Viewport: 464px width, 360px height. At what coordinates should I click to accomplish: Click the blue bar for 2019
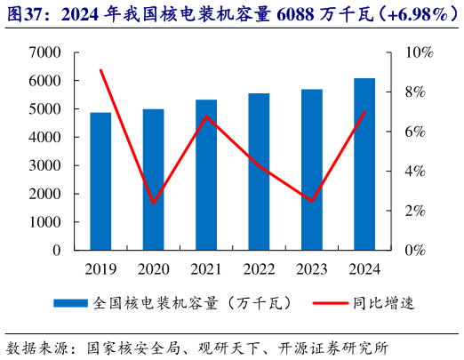click(100, 181)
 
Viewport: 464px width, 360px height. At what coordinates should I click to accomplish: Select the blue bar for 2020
click(153, 180)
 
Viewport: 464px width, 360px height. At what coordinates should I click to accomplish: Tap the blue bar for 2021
click(206, 175)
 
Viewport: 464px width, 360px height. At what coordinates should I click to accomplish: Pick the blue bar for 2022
click(259, 172)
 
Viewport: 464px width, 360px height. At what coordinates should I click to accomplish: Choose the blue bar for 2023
click(311, 170)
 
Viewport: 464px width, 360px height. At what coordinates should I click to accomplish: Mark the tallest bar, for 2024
click(364, 164)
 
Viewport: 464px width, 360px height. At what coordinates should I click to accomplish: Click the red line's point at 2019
click(100, 70)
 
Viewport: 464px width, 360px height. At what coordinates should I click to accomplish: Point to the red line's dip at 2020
click(153, 204)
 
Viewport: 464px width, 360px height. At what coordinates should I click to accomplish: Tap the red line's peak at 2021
click(206, 116)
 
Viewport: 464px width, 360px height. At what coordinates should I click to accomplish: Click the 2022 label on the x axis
click(259, 268)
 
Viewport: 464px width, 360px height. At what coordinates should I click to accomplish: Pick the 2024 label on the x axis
click(364, 268)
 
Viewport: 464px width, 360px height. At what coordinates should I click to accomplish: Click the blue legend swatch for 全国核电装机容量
click(71, 303)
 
